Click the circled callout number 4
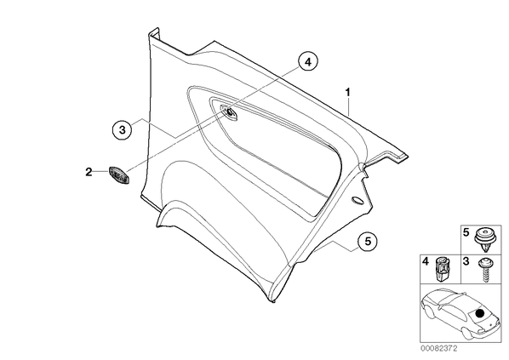(308, 61)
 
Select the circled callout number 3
(122, 130)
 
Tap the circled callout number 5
(368, 241)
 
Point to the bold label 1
(347, 93)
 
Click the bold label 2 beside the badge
(89, 172)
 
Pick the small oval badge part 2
(119, 174)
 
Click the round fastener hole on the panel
(229, 112)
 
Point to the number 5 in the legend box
(466, 232)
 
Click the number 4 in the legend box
(426, 261)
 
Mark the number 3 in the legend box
(466, 261)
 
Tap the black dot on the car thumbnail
(479, 313)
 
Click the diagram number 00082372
(439, 348)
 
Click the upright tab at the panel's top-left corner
(154, 34)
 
